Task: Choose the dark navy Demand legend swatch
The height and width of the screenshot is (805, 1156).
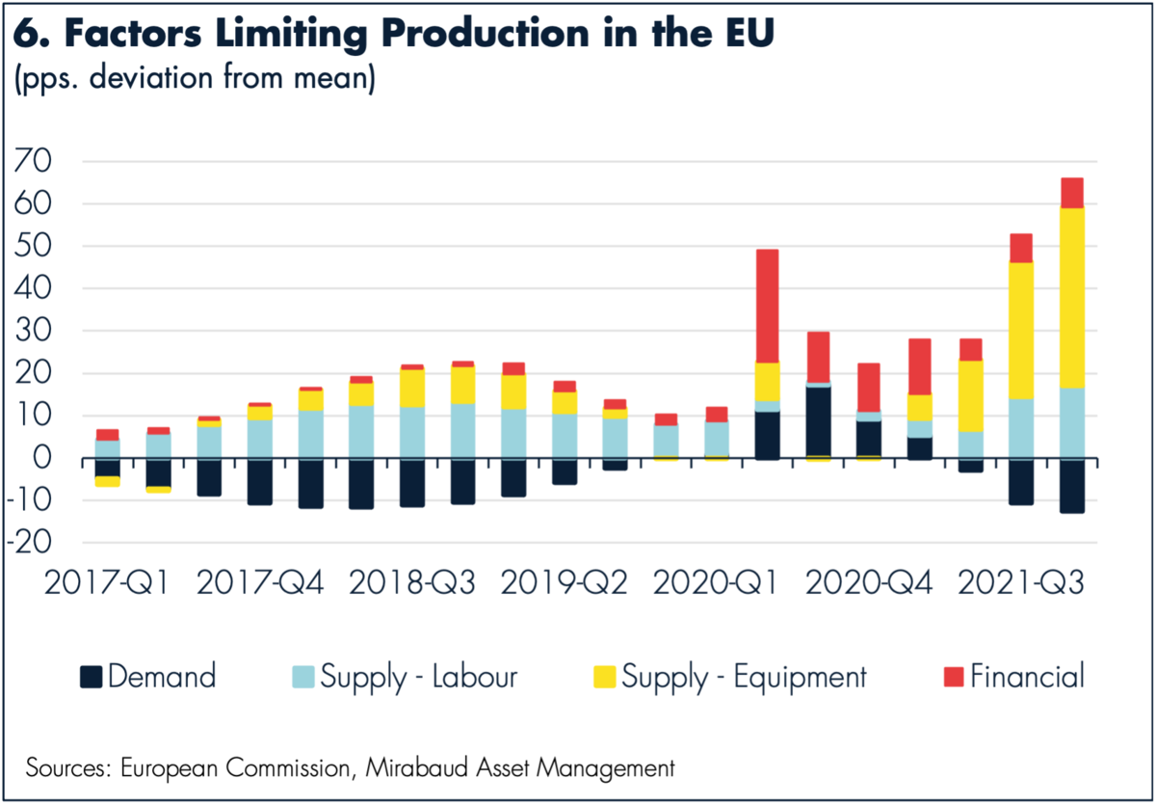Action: pos(90,677)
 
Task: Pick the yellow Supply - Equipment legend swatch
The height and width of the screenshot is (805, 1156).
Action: pos(604,677)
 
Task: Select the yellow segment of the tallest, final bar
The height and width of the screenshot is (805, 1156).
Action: pos(1071,298)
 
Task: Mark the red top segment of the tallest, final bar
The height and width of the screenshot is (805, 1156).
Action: pos(1071,193)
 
